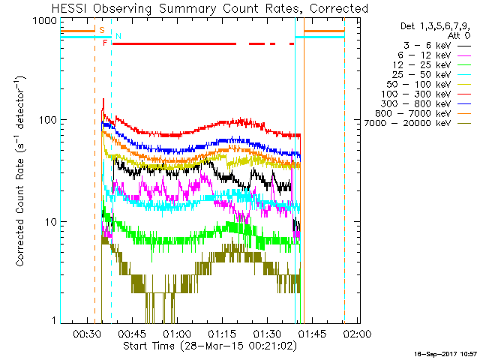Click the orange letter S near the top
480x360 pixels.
[102, 29]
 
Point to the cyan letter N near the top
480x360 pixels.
[118, 36]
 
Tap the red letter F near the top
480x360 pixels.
[106, 43]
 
